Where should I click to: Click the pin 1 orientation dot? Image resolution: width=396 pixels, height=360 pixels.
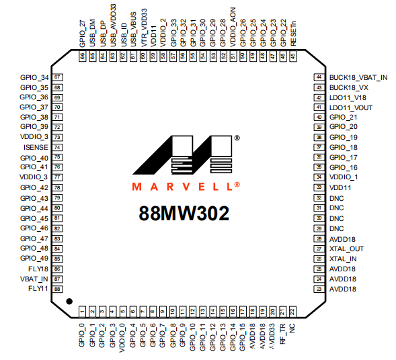click(x=69, y=301)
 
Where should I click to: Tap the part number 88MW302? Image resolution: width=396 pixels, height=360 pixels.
click(x=184, y=214)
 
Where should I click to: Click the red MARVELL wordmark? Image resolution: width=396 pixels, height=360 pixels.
click(x=186, y=186)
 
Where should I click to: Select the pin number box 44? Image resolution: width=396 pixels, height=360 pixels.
click(x=319, y=77)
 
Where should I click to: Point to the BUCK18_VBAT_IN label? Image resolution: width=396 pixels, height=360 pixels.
click(x=358, y=78)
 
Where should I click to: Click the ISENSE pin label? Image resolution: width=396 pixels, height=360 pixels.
click(x=36, y=147)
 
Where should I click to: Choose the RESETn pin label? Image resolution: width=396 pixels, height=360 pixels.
click(x=293, y=34)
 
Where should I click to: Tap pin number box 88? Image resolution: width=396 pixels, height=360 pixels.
click(x=57, y=289)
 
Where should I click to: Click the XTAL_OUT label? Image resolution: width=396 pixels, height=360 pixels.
click(x=346, y=249)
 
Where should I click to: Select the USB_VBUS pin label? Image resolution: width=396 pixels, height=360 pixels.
click(x=133, y=30)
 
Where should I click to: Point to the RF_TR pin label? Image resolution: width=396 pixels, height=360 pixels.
click(x=282, y=334)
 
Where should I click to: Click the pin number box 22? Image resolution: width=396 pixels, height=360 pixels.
click(x=292, y=312)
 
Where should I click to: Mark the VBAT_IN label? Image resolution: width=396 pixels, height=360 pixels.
click(x=34, y=279)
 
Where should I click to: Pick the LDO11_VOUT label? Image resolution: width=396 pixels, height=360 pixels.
click(x=351, y=108)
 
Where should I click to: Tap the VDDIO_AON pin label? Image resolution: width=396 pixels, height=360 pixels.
click(x=233, y=27)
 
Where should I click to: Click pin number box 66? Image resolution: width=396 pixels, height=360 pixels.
click(x=82, y=56)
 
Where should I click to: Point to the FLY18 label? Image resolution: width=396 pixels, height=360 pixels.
click(x=38, y=269)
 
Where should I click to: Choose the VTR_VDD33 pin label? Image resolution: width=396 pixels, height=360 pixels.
click(x=143, y=28)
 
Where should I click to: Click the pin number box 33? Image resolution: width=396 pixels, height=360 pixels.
click(x=319, y=187)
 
